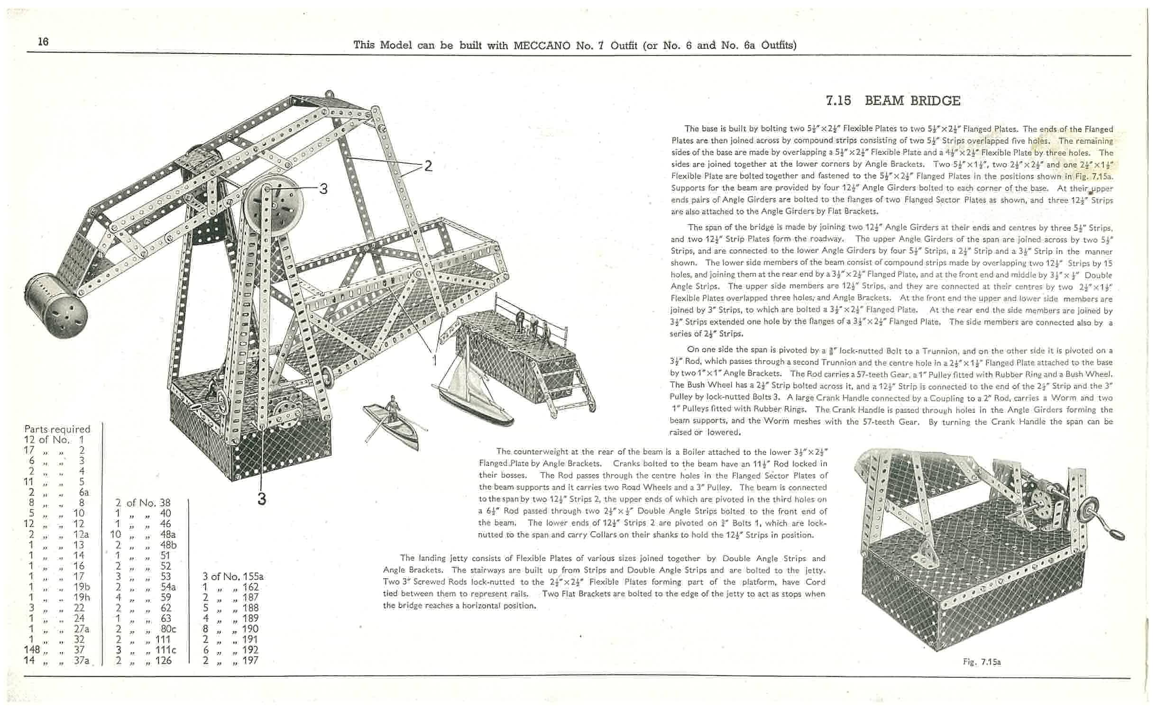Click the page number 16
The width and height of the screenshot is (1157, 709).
[x=43, y=42]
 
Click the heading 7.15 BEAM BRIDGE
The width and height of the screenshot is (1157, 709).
[x=893, y=101]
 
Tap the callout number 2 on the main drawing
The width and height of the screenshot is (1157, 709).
[x=428, y=166]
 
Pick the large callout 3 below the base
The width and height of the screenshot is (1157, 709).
[x=262, y=499]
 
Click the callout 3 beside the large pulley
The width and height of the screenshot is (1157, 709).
[x=323, y=189]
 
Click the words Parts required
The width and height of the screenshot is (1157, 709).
[x=57, y=429]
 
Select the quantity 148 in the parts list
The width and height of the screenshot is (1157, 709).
[x=32, y=649]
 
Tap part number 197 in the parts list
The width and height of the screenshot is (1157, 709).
[x=250, y=660]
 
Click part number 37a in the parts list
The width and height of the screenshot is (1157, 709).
[x=82, y=660]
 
